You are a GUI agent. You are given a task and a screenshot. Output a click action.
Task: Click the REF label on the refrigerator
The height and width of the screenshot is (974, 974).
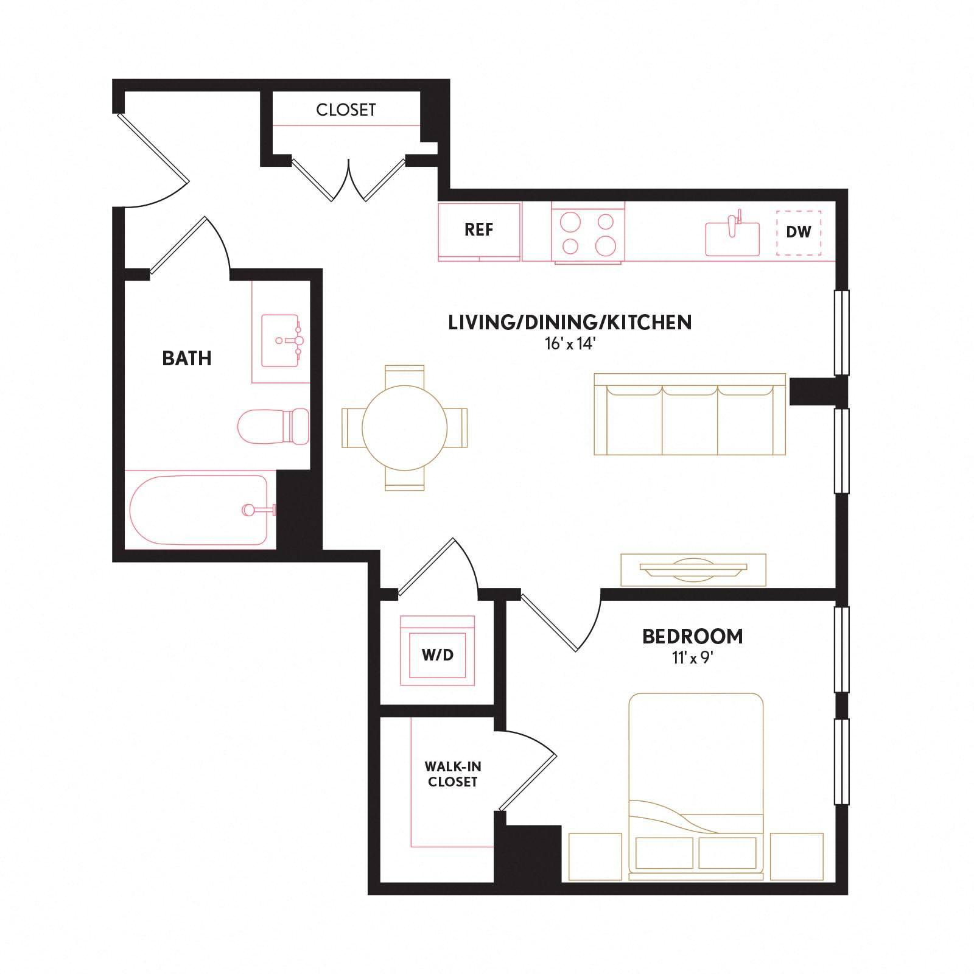[478, 230]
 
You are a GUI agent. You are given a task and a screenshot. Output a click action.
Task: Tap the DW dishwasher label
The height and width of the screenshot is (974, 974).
[799, 232]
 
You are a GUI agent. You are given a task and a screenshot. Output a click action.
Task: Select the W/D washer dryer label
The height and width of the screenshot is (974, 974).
[438, 655]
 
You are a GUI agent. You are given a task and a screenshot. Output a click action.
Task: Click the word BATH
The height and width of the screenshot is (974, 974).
[187, 358]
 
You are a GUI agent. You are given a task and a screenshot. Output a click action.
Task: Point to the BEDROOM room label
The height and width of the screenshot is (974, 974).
[693, 636]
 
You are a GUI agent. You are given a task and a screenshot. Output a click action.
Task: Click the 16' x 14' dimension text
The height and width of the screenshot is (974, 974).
[570, 344]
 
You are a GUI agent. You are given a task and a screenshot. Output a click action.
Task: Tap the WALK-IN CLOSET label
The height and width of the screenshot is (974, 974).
[452, 774]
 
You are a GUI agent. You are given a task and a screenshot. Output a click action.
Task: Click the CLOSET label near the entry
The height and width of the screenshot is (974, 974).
[346, 110]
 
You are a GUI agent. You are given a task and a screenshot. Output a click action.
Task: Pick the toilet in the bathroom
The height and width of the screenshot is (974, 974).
[273, 426]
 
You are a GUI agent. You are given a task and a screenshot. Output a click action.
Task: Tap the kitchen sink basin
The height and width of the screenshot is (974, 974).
[733, 239]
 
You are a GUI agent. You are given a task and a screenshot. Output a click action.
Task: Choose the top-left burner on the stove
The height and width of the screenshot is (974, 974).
[571, 220]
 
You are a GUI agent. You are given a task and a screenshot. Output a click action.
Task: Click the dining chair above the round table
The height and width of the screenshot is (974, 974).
[405, 376]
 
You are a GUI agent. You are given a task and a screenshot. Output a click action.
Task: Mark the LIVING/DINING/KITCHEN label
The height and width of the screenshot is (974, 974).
[570, 322]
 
